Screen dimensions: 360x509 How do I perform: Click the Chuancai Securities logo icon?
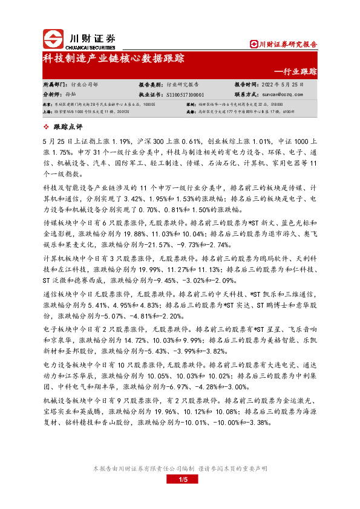tap(53, 40)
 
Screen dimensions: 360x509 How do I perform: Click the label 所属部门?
tap(56, 85)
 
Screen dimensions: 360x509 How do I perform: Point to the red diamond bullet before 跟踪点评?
tap(47, 126)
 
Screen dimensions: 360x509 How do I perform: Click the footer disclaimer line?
tap(180, 468)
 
